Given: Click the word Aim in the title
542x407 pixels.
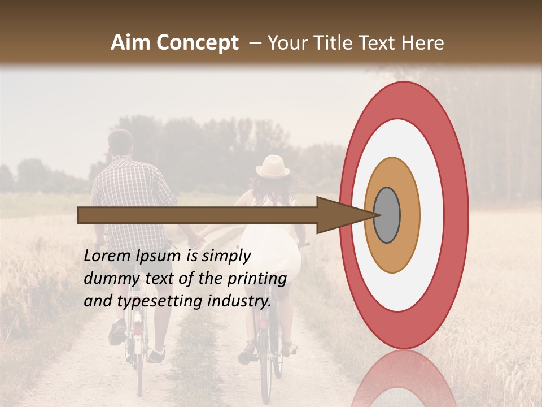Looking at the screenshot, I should click(x=130, y=43).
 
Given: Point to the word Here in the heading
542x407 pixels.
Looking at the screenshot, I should click(x=423, y=43).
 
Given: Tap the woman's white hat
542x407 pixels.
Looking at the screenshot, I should click(x=273, y=166).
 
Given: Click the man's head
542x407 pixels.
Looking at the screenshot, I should click(x=120, y=142).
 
